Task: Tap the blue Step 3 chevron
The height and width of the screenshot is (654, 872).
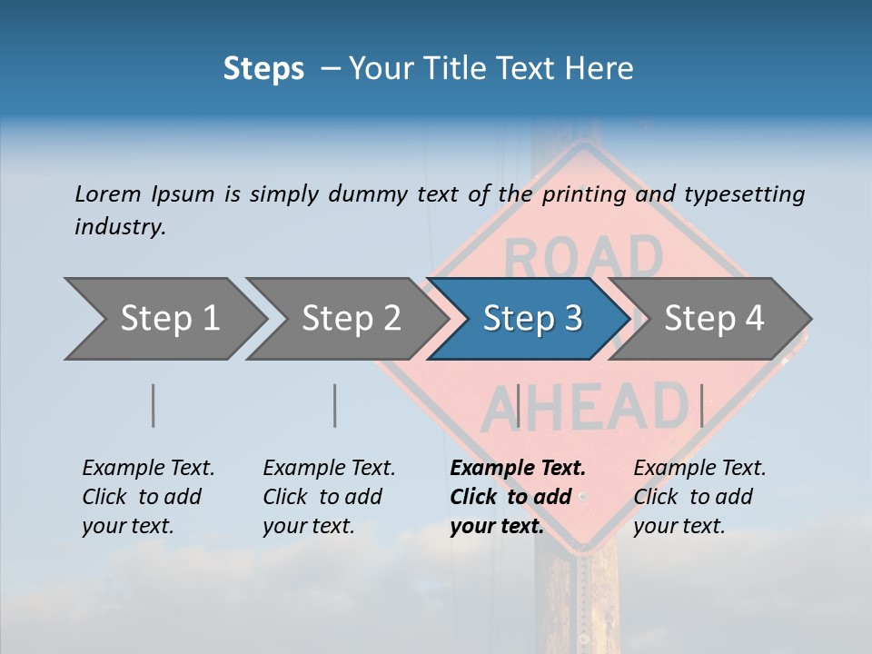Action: click(530, 319)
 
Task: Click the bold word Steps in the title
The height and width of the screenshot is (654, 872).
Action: click(263, 68)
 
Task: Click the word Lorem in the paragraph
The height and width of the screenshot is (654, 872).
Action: click(108, 193)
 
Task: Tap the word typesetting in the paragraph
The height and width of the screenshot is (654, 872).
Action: click(744, 193)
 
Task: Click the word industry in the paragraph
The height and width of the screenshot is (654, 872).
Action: click(119, 227)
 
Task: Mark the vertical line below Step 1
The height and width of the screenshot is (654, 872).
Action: click(154, 405)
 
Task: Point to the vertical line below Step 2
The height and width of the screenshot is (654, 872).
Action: click(335, 405)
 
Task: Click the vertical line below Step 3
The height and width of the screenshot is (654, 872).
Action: click(518, 405)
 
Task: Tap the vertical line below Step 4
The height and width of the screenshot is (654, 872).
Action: click(701, 405)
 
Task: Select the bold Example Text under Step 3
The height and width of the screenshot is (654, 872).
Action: click(518, 468)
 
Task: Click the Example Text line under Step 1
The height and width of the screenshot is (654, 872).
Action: click(148, 468)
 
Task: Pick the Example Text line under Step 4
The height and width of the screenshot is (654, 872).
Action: click(699, 468)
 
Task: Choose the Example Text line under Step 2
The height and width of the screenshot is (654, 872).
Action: click(329, 468)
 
